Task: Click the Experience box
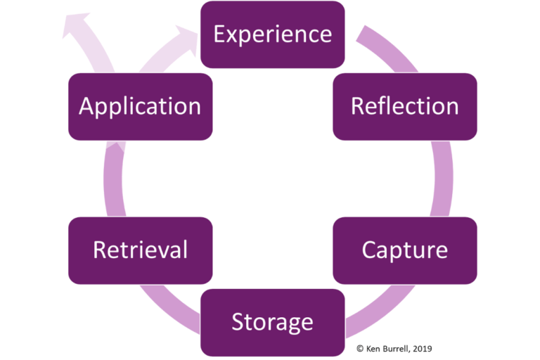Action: pyautogui.click(x=272, y=34)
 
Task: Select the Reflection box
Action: pyautogui.click(x=404, y=106)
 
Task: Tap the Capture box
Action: pyautogui.click(x=404, y=250)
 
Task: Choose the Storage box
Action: pyautogui.click(x=272, y=322)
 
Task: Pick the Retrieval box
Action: pyautogui.click(x=140, y=250)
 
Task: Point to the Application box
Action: pyautogui.click(x=140, y=106)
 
